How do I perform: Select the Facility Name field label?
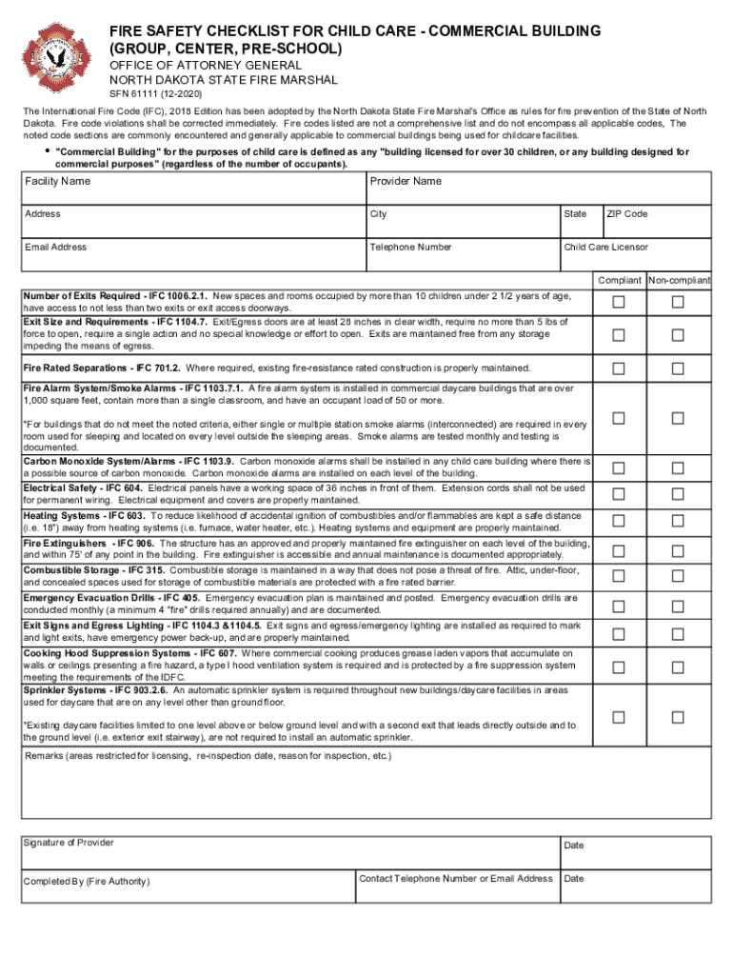[x=58, y=181]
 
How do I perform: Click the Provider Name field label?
[x=406, y=181]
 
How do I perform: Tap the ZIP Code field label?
[x=627, y=214]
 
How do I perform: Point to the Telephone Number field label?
[x=411, y=248]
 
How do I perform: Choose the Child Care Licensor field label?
[x=605, y=248]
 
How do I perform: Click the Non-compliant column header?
[x=679, y=281]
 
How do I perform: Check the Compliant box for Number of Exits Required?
[x=619, y=303]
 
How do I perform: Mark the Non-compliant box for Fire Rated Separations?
[x=678, y=368]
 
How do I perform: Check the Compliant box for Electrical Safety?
[x=619, y=493]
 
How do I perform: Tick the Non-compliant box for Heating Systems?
[x=678, y=521]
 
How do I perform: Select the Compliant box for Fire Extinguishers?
[x=619, y=550]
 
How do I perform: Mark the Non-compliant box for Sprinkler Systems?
[x=678, y=717]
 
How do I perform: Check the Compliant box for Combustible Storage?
[x=619, y=577]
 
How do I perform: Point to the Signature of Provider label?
[x=69, y=843]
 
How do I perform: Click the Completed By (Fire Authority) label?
[x=87, y=881]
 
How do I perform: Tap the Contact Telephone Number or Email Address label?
[x=455, y=878]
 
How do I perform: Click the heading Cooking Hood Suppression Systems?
[x=131, y=653]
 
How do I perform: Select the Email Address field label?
[x=56, y=248]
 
